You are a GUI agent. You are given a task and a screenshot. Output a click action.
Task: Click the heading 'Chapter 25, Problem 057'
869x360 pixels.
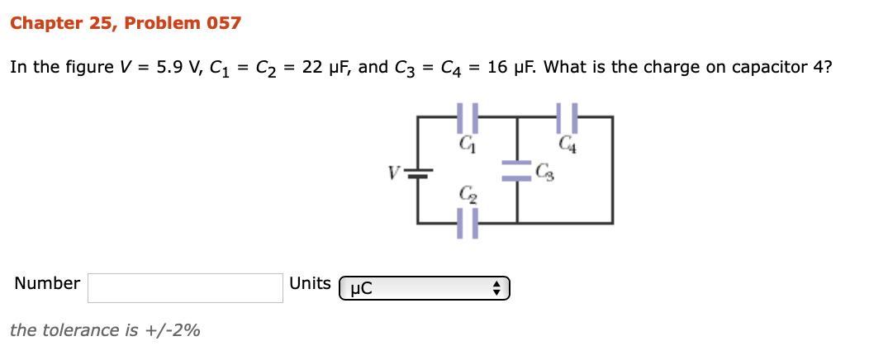click(126, 23)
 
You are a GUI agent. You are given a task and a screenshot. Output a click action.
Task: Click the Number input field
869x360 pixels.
click(186, 288)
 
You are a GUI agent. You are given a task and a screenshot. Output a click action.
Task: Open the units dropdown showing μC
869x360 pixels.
click(425, 288)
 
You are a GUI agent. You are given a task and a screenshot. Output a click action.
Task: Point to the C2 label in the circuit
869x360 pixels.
click(468, 195)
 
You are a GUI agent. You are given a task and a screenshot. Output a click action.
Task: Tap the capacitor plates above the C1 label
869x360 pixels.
click(468, 118)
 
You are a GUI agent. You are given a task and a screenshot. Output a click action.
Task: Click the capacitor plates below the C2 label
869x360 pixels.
click(468, 223)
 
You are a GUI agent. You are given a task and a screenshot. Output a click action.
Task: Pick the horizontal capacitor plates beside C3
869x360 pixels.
click(517, 172)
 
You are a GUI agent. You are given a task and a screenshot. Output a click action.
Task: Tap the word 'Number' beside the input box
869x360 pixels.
click(47, 283)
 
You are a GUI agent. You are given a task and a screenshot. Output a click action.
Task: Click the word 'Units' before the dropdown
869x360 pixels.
click(310, 283)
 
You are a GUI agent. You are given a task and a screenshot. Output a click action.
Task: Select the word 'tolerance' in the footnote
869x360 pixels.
click(81, 330)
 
